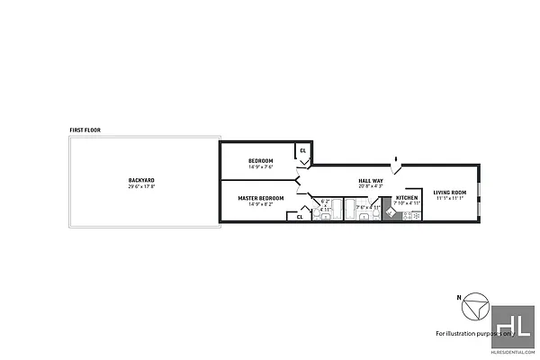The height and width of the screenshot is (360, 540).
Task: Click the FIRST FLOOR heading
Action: [x=85, y=130]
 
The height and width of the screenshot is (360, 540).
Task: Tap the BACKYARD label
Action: [x=141, y=180]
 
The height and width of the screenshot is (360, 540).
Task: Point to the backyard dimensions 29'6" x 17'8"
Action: [x=141, y=186]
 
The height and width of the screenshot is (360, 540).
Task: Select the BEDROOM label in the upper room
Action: [x=260, y=160]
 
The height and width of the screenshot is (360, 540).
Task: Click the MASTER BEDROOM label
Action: [x=260, y=198]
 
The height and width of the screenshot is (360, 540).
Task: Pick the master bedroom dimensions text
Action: [x=260, y=204]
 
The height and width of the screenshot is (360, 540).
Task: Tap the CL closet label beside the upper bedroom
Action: [x=302, y=150]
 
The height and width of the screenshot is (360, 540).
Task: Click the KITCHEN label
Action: [x=407, y=197]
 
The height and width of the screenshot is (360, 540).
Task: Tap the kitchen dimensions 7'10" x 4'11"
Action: [x=407, y=203]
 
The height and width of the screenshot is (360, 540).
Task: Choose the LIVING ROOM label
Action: [x=449, y=193]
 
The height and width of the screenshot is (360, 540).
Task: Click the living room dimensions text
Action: [x=449, y=199]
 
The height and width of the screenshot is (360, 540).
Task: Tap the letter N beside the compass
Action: [x=458, y=296]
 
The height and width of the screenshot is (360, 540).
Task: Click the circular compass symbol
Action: [x=474, y=310]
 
